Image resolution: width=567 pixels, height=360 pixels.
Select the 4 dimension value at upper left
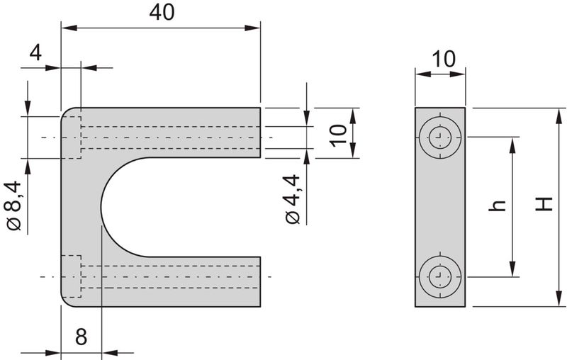pyautogui.click(x=35, y=52)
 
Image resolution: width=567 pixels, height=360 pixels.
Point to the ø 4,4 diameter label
pyautogui.click(x=293, y=200)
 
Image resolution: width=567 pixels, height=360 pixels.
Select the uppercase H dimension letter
pyautogui.click(x=543, y=205)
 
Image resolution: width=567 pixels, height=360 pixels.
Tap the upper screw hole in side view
pyautogui.click(x=439, y=137)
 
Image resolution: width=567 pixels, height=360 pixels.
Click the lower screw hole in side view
pyautogui.click(x=439, y=276)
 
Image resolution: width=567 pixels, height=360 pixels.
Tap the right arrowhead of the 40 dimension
pyautogui.click(x=255, y=28)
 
